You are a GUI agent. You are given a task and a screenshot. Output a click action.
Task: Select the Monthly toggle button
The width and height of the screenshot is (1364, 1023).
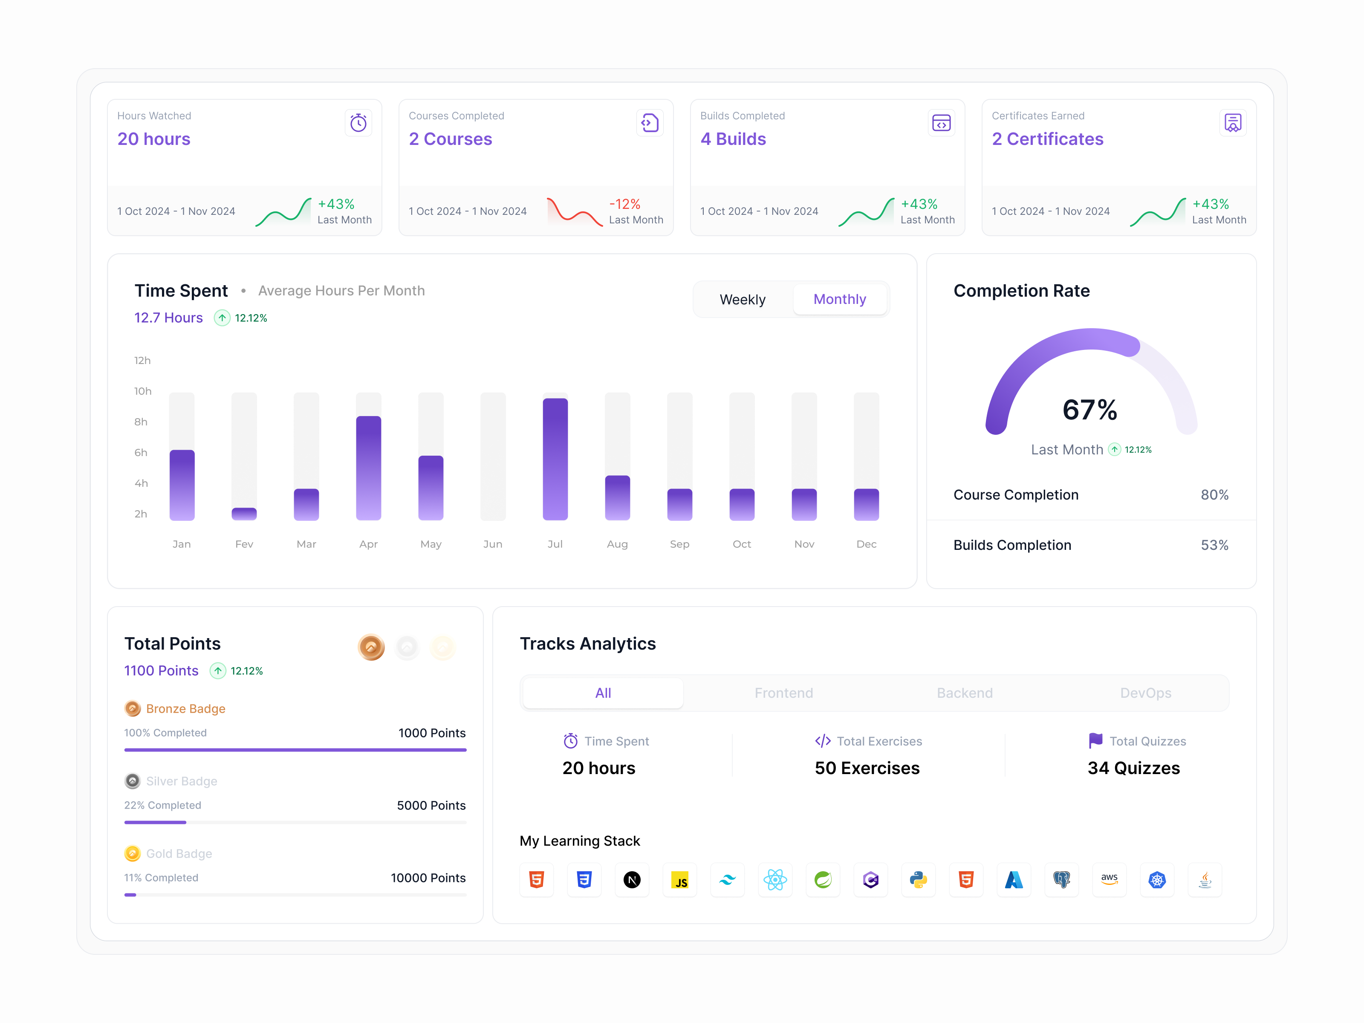pyautogui.click(x=839, y=300)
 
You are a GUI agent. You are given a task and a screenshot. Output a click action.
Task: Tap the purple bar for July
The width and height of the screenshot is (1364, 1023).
pyautogui.click(x=555, y=459)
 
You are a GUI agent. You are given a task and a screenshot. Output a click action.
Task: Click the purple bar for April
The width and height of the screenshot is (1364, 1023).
pyautogui.click(x=368, y=468)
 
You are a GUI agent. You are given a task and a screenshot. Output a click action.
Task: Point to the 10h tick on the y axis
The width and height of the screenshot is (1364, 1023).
pyautogui.click(x=142, y=391)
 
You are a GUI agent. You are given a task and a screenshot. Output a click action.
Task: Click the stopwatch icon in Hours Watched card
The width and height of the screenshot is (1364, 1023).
pyautogui.click(x=358, y=123)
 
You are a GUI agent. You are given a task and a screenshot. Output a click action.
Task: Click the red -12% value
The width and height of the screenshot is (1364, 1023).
pyautogui.click(x=624, y=204)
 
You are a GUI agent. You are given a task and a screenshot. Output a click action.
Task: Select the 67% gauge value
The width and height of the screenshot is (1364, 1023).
pyautogui.click(x=1089, y=410)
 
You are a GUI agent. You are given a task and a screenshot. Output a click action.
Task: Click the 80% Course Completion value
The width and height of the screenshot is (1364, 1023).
pyautogui.click(x=1214, y=494)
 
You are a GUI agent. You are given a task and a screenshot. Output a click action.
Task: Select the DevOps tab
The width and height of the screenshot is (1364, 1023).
pyautogui.click(x=1145, y=693)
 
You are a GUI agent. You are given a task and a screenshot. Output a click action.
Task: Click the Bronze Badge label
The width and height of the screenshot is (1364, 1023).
pyautogui.click(x=185, y=708)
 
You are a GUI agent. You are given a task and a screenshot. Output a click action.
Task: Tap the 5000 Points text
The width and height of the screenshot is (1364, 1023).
pyautogui.click(x=431, y=805)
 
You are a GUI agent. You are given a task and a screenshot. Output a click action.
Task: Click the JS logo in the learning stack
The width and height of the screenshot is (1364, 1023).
pyautogui.click(x=679, y=880)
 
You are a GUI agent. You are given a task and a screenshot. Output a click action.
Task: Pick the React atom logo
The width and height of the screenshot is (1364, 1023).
pyautogui.click(x=774, y=880)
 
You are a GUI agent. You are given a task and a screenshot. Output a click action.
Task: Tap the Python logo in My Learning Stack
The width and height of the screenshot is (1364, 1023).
pyautogui.click(x=918, y=880)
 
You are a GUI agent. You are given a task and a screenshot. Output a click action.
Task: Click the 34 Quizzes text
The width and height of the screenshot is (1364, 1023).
pyautogui.click(x=1133, y=769)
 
